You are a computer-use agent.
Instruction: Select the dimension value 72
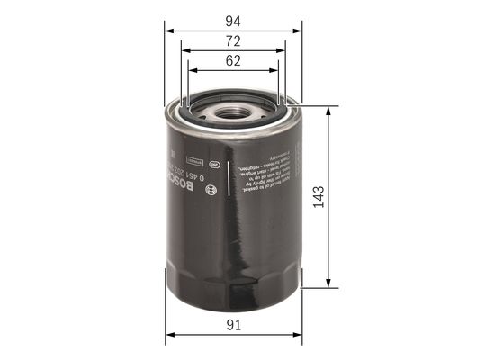click(233, 42)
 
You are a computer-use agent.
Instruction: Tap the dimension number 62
click(233, 62)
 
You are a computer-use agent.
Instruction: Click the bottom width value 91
click(233, 328)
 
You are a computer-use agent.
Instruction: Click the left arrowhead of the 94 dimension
click(168, 28)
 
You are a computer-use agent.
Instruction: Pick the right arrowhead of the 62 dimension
click(278, 70)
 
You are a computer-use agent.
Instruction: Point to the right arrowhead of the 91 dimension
click(298, 337)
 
